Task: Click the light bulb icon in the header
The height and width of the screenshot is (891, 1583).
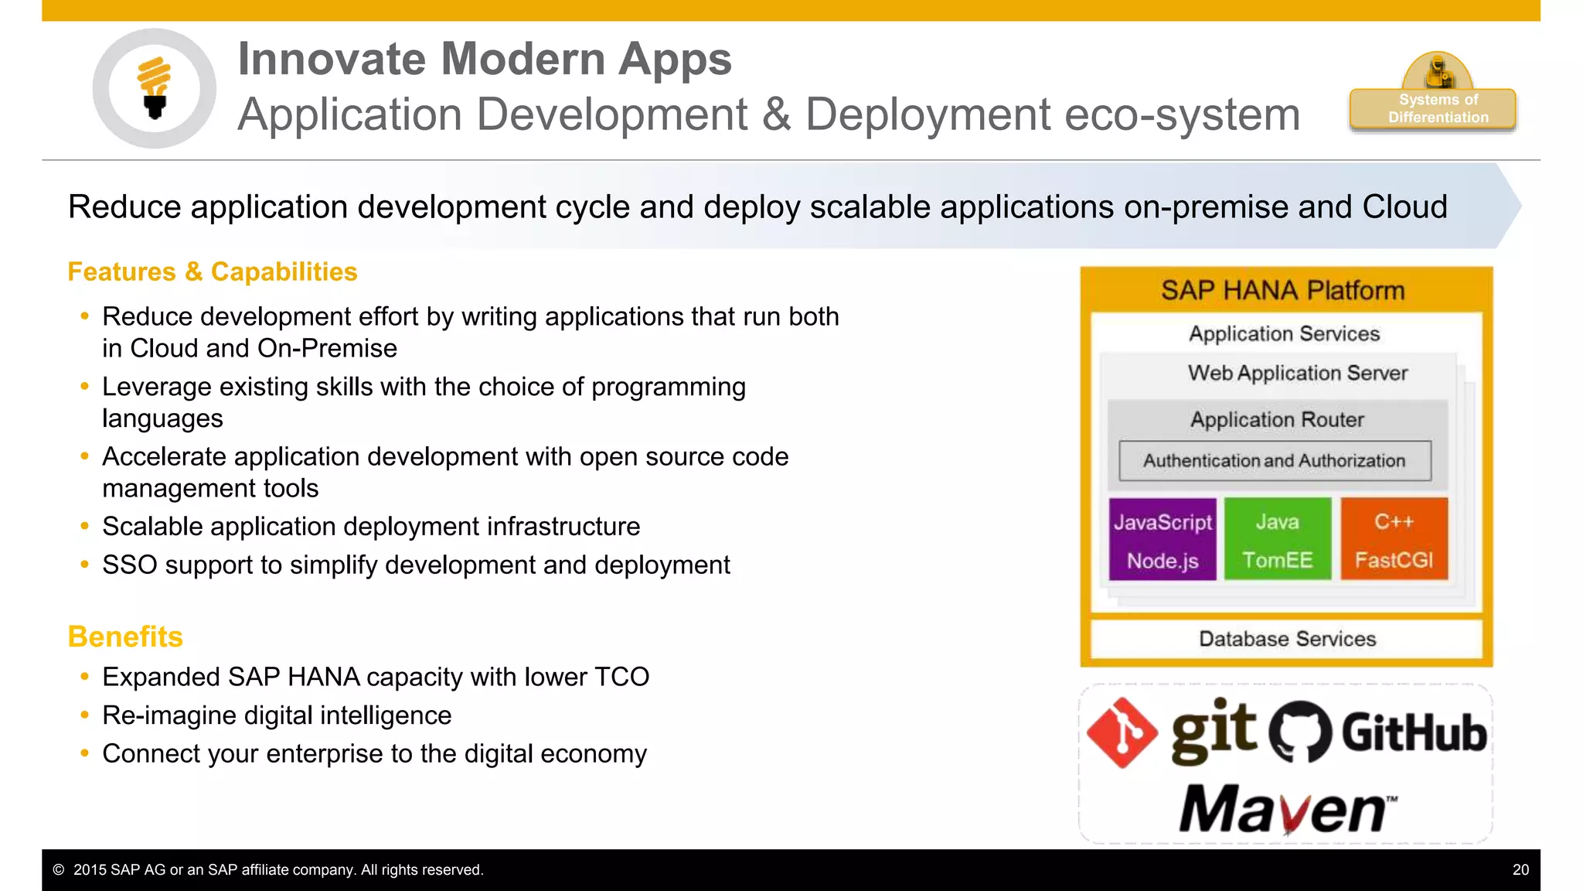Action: (x=154, y=87)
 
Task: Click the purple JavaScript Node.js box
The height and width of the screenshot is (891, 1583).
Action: (x=1162, y=539)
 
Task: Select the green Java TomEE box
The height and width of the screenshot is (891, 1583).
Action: (x=1277, y=539)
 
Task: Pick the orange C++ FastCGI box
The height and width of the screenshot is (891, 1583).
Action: (x=1393, y=539)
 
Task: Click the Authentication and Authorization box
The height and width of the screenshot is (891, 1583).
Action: (x=1274, y=461)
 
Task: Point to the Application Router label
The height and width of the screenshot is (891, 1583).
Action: (x=1276, y=420)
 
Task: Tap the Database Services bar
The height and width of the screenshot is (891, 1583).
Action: (x=1286, y=639)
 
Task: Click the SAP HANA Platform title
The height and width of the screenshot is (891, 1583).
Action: (x=1282, y=291)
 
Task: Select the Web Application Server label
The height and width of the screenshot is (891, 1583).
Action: (x=1297, y=373)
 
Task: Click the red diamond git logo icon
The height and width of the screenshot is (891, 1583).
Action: (x=1122, y=732)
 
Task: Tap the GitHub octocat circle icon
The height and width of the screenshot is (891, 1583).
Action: (x=1301, y=732)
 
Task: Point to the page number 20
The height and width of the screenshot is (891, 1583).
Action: (x=1520, y=870)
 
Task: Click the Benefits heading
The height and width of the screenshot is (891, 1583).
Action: (x=125, y=637)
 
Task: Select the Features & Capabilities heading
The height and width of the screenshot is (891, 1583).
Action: (x=213, y=272)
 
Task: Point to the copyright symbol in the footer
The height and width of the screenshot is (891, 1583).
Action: (x=59, y=870)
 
